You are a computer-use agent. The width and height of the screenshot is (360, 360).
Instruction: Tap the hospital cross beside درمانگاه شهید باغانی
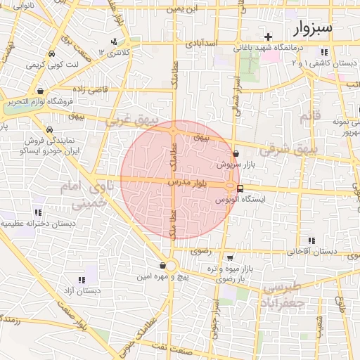[x=267, y=37]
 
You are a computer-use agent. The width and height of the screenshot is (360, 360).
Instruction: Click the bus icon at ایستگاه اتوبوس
[x=240, y=188]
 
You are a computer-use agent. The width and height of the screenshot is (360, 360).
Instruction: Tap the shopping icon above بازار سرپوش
[x=235, y=153]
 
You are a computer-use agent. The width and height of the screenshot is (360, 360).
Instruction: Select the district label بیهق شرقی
[x=289, y=150]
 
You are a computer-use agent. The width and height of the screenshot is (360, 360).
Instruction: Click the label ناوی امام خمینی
[x=91, y=195]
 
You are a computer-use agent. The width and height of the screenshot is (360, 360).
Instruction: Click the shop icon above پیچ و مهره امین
[x=164, y=266]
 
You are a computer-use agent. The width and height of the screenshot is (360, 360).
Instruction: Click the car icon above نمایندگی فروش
[x=51, y=130]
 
